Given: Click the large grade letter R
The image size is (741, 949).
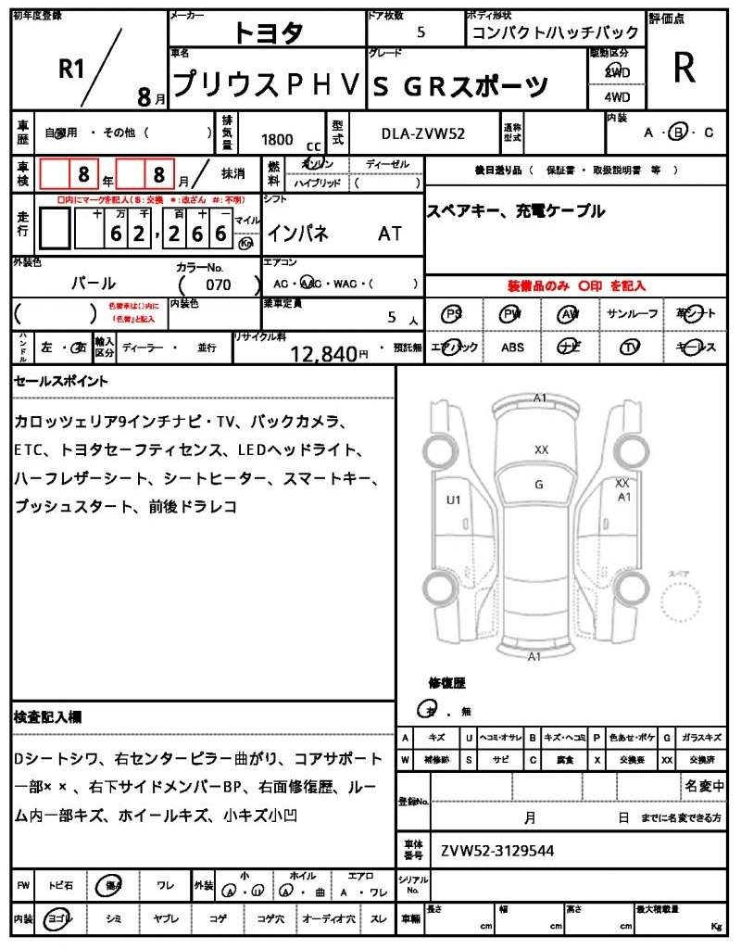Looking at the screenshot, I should pos(684,68).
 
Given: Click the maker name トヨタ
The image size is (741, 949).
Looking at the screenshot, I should pos(268,33).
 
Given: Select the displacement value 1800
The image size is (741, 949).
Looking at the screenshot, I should pos(277,139).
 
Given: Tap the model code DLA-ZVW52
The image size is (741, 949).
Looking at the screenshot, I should pos(423,133).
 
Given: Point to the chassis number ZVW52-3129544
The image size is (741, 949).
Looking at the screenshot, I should pos(497,849).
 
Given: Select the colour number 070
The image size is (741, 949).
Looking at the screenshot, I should pos(219,285).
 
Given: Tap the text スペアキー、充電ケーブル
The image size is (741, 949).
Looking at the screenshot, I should pos(515,211).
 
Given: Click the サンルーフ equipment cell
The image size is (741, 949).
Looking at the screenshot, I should pos(633,314).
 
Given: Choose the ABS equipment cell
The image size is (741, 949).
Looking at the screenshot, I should pos(513,348).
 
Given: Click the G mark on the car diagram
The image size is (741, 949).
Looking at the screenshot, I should pos(539,484).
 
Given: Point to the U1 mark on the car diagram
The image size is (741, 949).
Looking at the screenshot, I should pos(453,500).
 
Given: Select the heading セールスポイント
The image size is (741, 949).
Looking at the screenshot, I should pos(61,381).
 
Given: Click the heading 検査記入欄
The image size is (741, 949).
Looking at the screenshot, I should pos(51,717).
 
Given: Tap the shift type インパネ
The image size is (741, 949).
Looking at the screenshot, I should pos(297,234).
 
